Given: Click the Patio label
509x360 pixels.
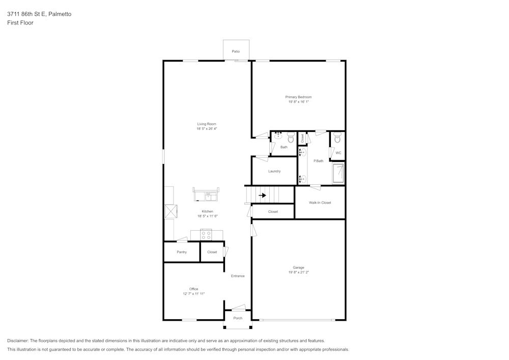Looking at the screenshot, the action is pyautogui.click(x=236, y=51).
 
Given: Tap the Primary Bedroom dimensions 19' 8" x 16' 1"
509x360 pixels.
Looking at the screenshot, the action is pyautogui.click(x=298, y=102).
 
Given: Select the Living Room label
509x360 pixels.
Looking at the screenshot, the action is pyautogui.click(x=207, y=124).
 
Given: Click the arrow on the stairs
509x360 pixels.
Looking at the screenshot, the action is pyautogui.click(x=262, y=195).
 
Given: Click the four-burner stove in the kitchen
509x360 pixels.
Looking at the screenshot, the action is pyautogui.click(x=206, y=235).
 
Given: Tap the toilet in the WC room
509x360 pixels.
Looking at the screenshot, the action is pyautogui.click(x=337, y=138).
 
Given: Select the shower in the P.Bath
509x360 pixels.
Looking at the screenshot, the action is pyautogui.click(x=338, y=174).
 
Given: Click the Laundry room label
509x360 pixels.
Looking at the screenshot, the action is pyautogui.click(x=274, y=171).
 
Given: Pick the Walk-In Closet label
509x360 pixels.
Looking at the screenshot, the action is pyautogui.click(x=320, y=203).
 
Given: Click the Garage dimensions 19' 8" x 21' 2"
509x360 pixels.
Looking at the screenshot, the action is pyautogui.click(x=298, y=272).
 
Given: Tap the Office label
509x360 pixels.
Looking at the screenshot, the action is pyautogui.click(x=193, y=289).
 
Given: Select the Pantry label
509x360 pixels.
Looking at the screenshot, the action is pyautogui.click(x=182, y=252).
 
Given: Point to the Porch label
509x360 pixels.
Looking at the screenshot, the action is pyautogui.click(x=238, y=318).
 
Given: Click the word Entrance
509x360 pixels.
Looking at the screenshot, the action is pyautogui.click(x=238, y=276).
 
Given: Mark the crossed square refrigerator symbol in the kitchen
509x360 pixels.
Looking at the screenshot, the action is pyautogui.click(x=171, y=211).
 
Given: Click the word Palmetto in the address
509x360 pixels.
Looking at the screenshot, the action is pyautogui.click(x=60, y=14).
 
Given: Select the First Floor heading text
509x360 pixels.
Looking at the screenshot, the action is pyautogui.click(x=20, y=23).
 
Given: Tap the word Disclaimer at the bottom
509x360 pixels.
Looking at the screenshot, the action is pyautogui.click(x=18, y=341).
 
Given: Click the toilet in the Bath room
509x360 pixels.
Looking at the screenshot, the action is pyautogui.click(x=291, y=137).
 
